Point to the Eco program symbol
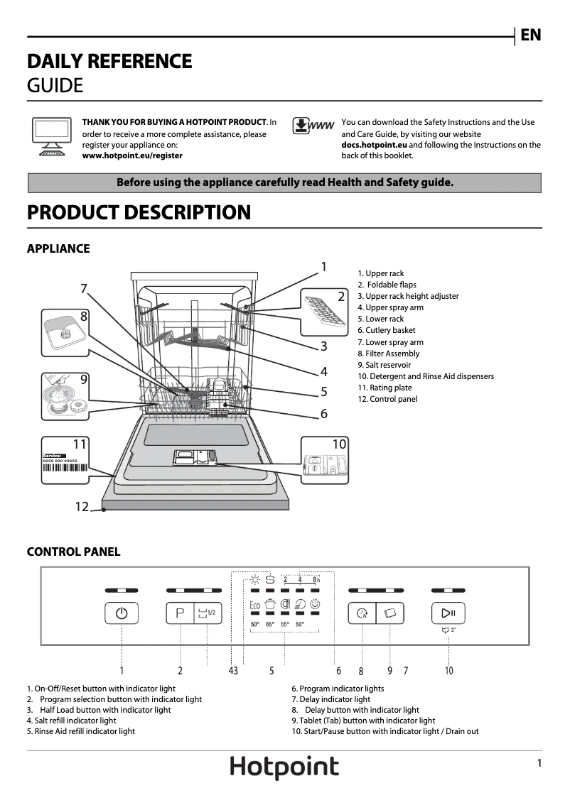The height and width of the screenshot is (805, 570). (254, 604)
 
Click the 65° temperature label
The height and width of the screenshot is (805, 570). (270, 625)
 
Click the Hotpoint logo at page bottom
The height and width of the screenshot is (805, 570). (284, 767)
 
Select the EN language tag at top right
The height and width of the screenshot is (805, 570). (531, 35)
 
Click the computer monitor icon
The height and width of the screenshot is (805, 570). (52, 134)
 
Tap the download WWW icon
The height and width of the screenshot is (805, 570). (313, 126)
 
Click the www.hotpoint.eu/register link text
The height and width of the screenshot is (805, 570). (132, 155)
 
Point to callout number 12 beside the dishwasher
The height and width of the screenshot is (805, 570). (82, 506)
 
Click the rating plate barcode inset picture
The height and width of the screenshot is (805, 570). (65, 460)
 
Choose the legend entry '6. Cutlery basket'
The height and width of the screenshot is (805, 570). (386, 330)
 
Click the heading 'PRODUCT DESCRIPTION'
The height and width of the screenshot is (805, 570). (139, 212)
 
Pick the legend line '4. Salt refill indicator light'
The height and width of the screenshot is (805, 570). (71, 721)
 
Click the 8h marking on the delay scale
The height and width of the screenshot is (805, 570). (316, 579)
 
